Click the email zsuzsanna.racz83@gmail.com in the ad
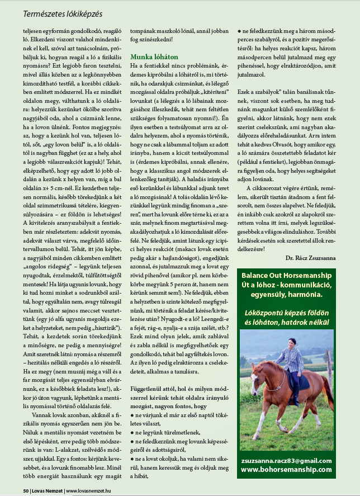click(x=286, y=460)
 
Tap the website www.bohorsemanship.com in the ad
click(x=286, y=470)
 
